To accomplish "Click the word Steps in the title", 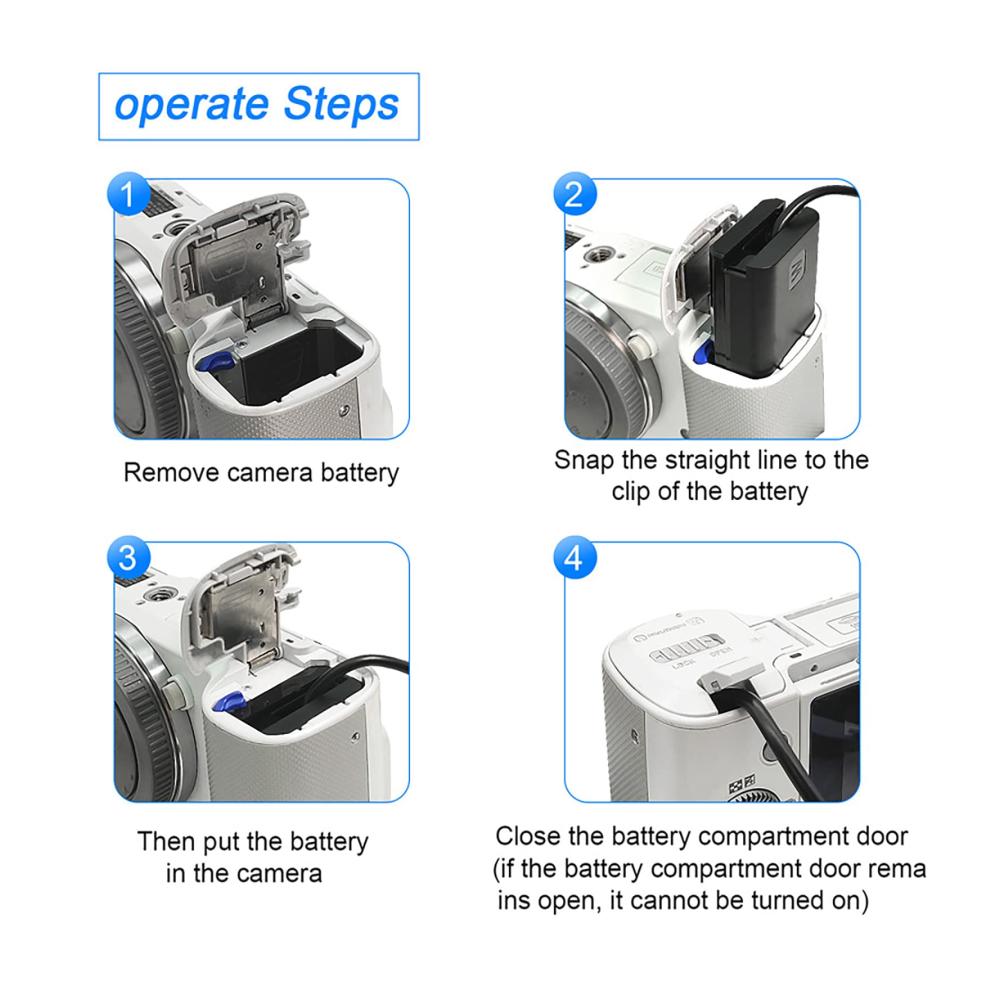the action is coord(341,104).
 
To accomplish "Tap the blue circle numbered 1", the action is coord(128,194).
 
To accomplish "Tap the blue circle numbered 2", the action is coord(575,194).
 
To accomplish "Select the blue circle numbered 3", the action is coord(128,557).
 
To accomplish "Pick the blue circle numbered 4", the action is coord(575,557).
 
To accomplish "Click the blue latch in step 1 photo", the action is coord(216,362).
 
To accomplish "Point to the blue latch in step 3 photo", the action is coord(229,702).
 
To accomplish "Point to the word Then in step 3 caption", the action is coord(166,841).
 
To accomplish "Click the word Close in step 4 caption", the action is coord(528,836).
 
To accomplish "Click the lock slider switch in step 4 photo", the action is coord(686,647).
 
